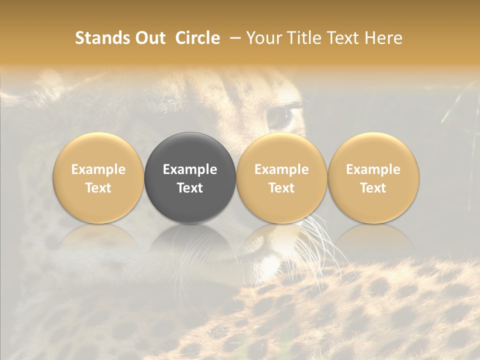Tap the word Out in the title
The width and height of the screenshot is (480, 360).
[x=149, y=38]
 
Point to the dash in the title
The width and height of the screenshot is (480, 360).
[x=233, y=38]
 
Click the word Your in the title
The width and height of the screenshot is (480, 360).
[x=264, y=38]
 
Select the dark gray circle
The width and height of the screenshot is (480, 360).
[x=190, y=177]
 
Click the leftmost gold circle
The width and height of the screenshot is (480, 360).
[x=98, y=177]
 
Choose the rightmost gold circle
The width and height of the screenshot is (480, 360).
[x=373, y=177]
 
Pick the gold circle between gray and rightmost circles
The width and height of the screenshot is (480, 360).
[x=281, y=177]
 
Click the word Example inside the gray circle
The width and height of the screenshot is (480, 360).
[x=190, y=169]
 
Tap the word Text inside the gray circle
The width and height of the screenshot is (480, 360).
[x=190, y=188]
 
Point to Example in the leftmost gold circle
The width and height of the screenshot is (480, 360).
[x=98, y=169]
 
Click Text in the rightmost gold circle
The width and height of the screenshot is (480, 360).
[x=373, y=188]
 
